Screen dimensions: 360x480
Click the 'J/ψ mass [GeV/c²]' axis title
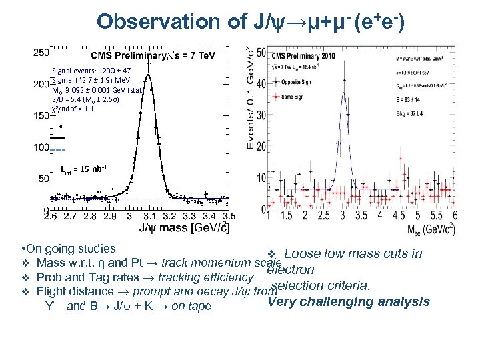(x=183, y=229)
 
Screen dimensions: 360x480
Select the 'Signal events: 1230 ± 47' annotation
(x=91, y=70)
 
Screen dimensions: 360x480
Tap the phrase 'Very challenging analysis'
(x=349, y=302)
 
